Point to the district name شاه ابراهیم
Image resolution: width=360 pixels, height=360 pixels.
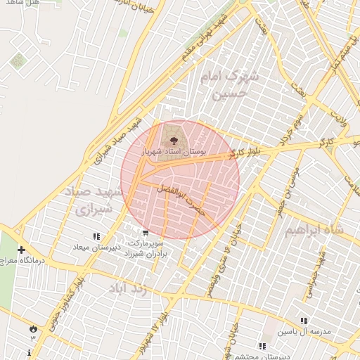(x=318, y=231)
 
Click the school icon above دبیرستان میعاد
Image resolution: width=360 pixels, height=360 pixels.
(x=96, y=236)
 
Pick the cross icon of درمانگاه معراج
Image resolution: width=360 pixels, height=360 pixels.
(x=22, y=250)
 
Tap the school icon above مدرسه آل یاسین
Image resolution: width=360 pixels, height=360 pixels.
(x=304, y=320)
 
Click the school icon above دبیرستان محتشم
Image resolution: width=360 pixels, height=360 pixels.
(x=262, y=346)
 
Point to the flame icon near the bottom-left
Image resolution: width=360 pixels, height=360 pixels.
(x=33, y=328)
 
